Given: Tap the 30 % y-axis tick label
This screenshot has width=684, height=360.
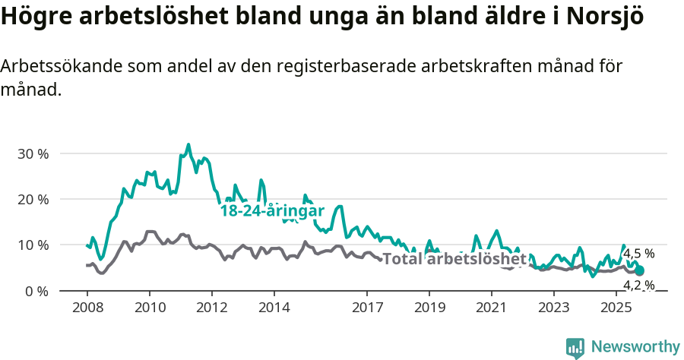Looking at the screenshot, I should tap(33, 153).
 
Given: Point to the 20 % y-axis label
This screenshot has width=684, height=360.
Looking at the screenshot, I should tap(33, 199).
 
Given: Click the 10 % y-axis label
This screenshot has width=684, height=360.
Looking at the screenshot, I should tap(33, 245).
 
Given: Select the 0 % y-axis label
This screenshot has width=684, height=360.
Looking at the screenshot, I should tap(36, 291).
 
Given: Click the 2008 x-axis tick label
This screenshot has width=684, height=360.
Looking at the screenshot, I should tap(87, 308).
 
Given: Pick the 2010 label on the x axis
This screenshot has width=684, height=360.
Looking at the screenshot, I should tap(149, 308).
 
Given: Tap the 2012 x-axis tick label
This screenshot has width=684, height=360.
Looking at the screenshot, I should tap(211, 308).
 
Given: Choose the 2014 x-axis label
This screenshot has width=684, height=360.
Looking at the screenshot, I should tap(274, 308).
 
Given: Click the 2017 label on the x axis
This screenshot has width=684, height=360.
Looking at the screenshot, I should tap(367, 308).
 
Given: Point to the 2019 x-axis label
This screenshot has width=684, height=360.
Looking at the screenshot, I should tap(429, 308).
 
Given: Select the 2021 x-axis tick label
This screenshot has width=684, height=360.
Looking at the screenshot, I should tap(492, 308).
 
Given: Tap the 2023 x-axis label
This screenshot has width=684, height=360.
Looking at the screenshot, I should tap(554, 308).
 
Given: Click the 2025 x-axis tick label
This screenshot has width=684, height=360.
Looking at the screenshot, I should tap(616, 308).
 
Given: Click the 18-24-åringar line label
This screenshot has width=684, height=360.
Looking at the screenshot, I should tap(272, 211).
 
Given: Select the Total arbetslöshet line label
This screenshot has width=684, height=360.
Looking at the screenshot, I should tap(454, 259).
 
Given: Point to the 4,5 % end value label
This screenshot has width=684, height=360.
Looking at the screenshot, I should tap(638, 254).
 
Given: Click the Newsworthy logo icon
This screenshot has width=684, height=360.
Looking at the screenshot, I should tap(575, 348).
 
